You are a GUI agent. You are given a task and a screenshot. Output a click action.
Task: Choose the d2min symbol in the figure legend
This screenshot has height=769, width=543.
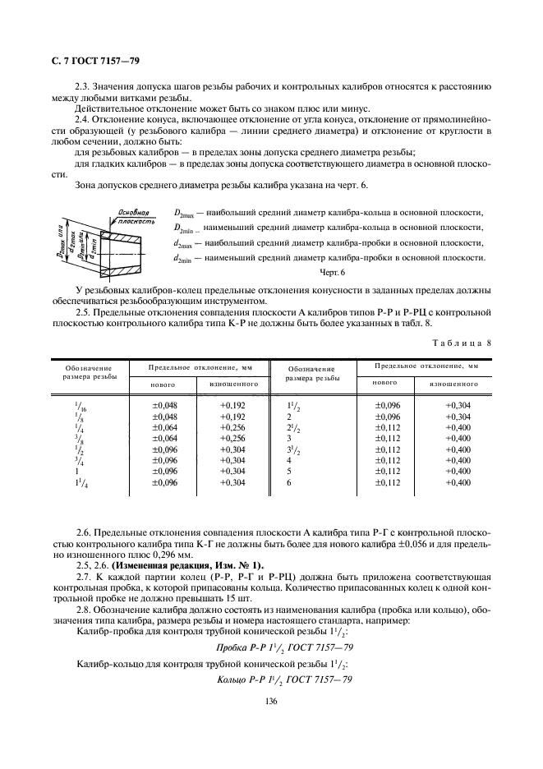[185, 258]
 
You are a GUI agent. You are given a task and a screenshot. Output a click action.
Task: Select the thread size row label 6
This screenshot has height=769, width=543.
[289, 483]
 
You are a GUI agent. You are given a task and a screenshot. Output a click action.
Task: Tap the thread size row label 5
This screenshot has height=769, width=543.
[289, 472]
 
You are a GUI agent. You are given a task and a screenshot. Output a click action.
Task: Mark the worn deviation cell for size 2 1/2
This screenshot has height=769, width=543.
[458, 428]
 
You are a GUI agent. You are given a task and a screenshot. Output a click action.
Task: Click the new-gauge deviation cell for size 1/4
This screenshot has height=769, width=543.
[165, 428]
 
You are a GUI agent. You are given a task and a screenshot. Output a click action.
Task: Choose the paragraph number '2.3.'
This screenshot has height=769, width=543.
[85, 85]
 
